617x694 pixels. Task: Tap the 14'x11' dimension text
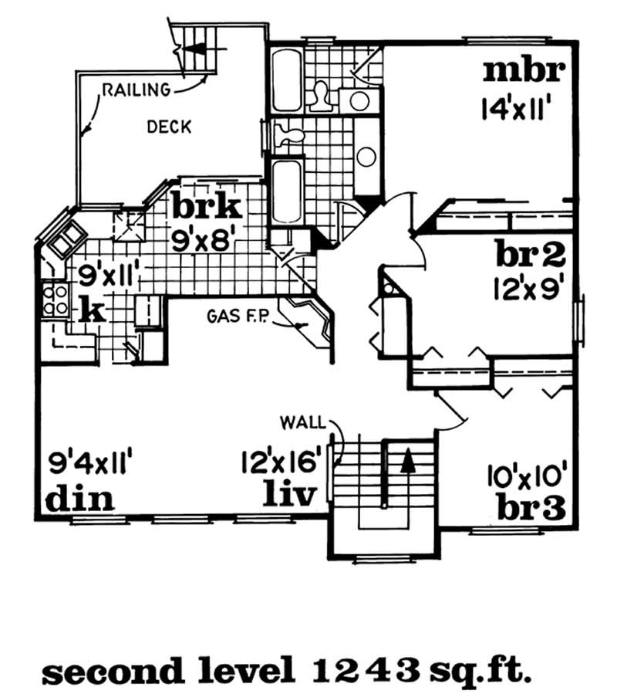521,107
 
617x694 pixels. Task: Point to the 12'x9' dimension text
531,287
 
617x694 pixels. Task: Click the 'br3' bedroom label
531,506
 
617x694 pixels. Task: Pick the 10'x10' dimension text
526,472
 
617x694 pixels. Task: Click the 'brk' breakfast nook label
207,207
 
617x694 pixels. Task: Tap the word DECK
168,127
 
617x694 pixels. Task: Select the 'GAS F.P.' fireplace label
236,317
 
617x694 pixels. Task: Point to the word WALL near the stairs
302,422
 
